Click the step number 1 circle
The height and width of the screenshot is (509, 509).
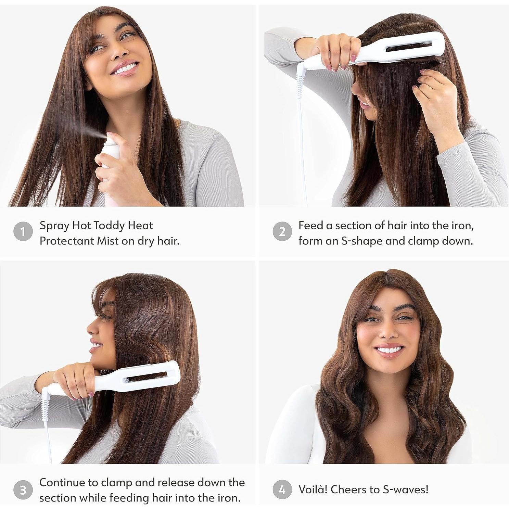[23, 232]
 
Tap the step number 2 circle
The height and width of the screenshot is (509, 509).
[282, 232]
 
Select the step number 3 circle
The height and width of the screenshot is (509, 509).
[23, 490]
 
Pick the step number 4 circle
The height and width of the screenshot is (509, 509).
[282, 490]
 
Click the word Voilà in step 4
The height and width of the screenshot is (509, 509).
[313, 489]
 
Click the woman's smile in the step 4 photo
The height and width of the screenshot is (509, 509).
[388, 350]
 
